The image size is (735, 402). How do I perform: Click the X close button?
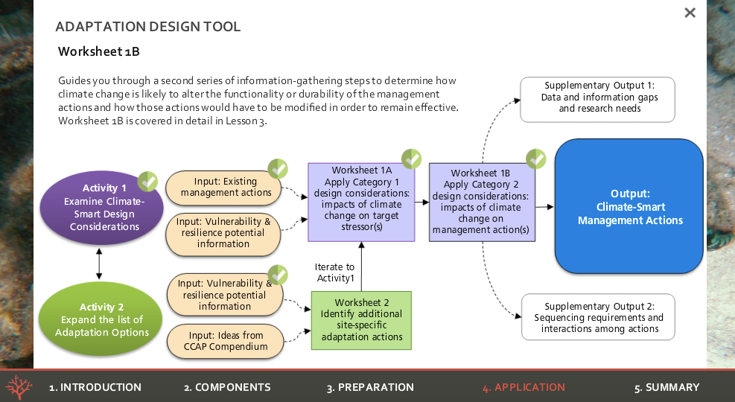click(x=690, y=13)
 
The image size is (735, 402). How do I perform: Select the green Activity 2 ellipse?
click(x=102, y=319)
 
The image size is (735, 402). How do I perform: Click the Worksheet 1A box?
click(x=361, y=202)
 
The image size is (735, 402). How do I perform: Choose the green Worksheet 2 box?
click(x=361, y=320)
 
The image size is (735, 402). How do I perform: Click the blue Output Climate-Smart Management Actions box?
click(x=629, y=206)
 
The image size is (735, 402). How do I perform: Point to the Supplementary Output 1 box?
click(x=598, y=100)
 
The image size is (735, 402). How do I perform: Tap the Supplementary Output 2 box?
click(x=598, y=318)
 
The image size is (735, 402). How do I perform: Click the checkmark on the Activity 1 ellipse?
click(x=147, y=181)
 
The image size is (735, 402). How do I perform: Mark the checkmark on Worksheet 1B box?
click(x=535, y=159)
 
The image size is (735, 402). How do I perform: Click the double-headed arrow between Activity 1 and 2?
click(x=99, y=265)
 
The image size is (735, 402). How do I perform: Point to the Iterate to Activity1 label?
click(x=334, y=272)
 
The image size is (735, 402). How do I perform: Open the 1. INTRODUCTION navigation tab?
click(x=95, y=387)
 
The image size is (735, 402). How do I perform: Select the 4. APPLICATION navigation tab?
click(x=524, y=387)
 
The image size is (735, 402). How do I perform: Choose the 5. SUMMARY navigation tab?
click(x=666, y=387)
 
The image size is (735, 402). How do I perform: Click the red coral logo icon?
click(x=19, y=387)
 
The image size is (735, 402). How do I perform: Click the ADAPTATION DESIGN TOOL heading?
click(x=148, y=28)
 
